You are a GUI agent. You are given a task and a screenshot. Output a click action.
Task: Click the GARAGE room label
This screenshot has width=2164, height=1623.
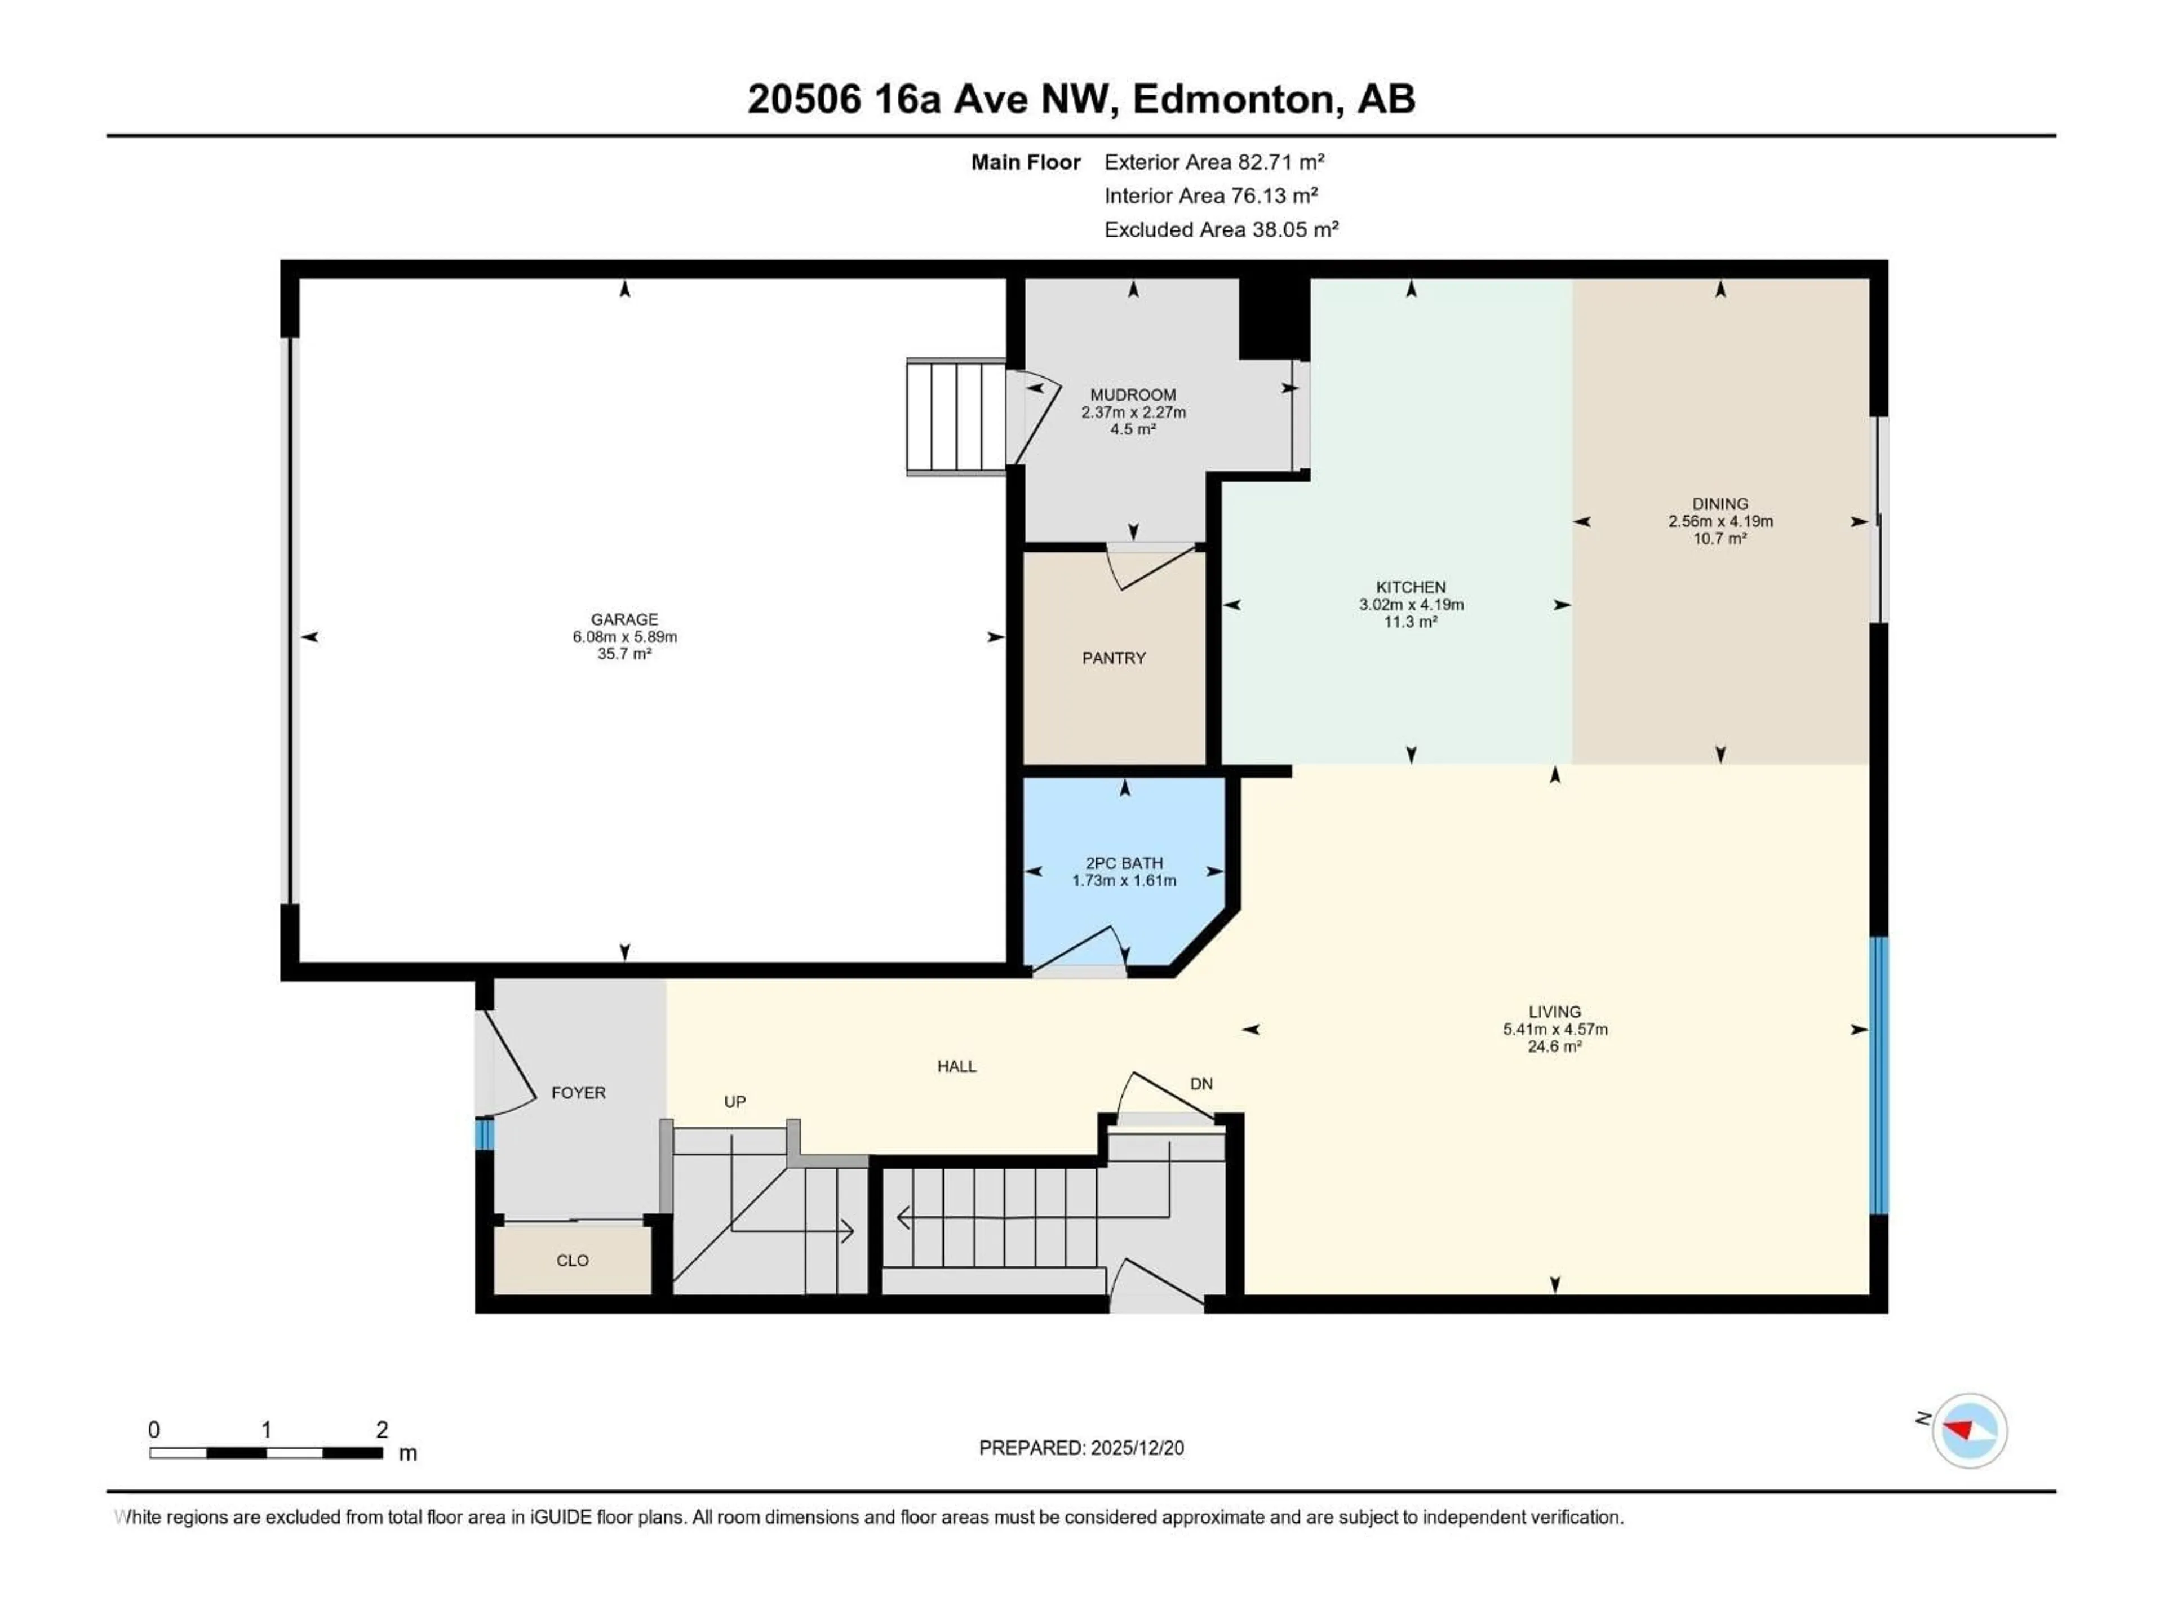624,619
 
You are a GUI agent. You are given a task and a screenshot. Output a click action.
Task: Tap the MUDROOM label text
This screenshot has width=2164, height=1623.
1133,395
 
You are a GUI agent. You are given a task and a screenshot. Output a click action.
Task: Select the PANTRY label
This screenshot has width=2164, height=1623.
1114,658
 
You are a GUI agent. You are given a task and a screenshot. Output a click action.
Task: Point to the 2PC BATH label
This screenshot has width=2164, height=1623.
1124,863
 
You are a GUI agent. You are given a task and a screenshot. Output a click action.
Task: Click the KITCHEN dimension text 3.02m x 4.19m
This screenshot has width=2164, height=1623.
1411,605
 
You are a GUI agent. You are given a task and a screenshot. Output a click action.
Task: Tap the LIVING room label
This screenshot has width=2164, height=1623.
1554,1012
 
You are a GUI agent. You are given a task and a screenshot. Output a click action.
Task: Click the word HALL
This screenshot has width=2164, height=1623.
957,1066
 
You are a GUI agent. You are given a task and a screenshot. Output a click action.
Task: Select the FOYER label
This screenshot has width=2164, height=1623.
578,1093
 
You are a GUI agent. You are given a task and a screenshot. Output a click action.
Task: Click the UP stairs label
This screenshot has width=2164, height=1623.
735,1102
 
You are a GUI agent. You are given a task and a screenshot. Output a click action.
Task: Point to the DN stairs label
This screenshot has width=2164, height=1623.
1201,1084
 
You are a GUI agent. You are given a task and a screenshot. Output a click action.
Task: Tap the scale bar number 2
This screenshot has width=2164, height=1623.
382,1429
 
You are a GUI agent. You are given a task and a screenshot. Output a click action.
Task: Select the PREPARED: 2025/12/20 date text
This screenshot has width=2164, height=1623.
1081,1448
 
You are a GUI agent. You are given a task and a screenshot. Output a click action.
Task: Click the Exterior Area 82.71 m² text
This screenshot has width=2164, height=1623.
1213,162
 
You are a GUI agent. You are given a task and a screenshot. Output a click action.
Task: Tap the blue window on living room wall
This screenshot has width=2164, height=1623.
1878,1076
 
